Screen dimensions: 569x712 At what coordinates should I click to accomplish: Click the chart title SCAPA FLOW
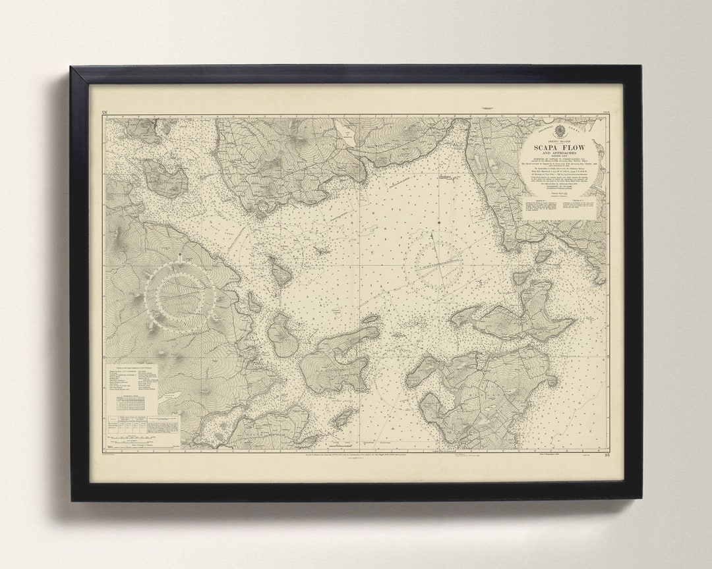tap(559, 147)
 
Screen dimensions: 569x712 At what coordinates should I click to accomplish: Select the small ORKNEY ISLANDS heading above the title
tap(559, 140)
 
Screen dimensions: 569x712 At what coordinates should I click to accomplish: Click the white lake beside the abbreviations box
tap(169, 395)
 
